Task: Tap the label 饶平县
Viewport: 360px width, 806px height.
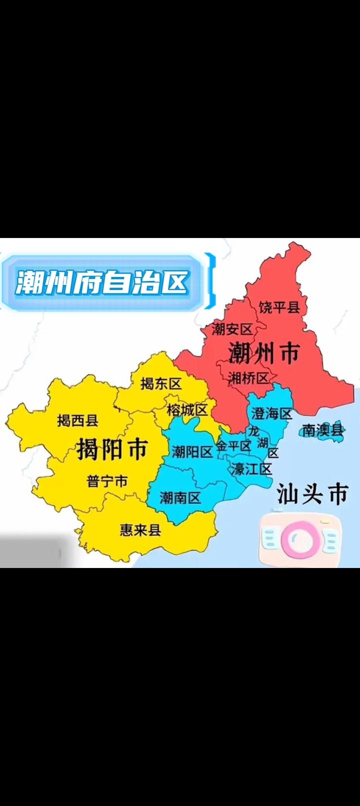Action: coord(279,307)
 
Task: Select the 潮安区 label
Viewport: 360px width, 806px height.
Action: coord(232,329)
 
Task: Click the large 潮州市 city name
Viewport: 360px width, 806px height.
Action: coord(263,353)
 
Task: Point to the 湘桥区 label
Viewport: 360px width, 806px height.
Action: coord(248,378)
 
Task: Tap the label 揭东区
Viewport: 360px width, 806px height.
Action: coord(160,384)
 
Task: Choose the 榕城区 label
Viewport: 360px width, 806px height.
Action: coord(187,410)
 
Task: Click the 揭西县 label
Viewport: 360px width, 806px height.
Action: coord(77,420)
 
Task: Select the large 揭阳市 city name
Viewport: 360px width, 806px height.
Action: coord(112,449)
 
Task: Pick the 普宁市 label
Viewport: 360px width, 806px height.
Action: coord(107,481)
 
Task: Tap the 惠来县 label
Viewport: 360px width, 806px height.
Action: coord(140,529)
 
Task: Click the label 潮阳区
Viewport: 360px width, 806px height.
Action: coord(192,452)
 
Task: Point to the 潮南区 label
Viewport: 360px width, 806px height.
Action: coord(180,497)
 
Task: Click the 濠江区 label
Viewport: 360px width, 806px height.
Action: coord(251,469)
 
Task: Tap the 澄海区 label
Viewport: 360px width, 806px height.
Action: coord(271,414)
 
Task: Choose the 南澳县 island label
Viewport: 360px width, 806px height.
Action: coord(323,430)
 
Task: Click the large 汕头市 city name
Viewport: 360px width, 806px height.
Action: coord(312,494)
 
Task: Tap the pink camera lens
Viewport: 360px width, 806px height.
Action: coord(299,539)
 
